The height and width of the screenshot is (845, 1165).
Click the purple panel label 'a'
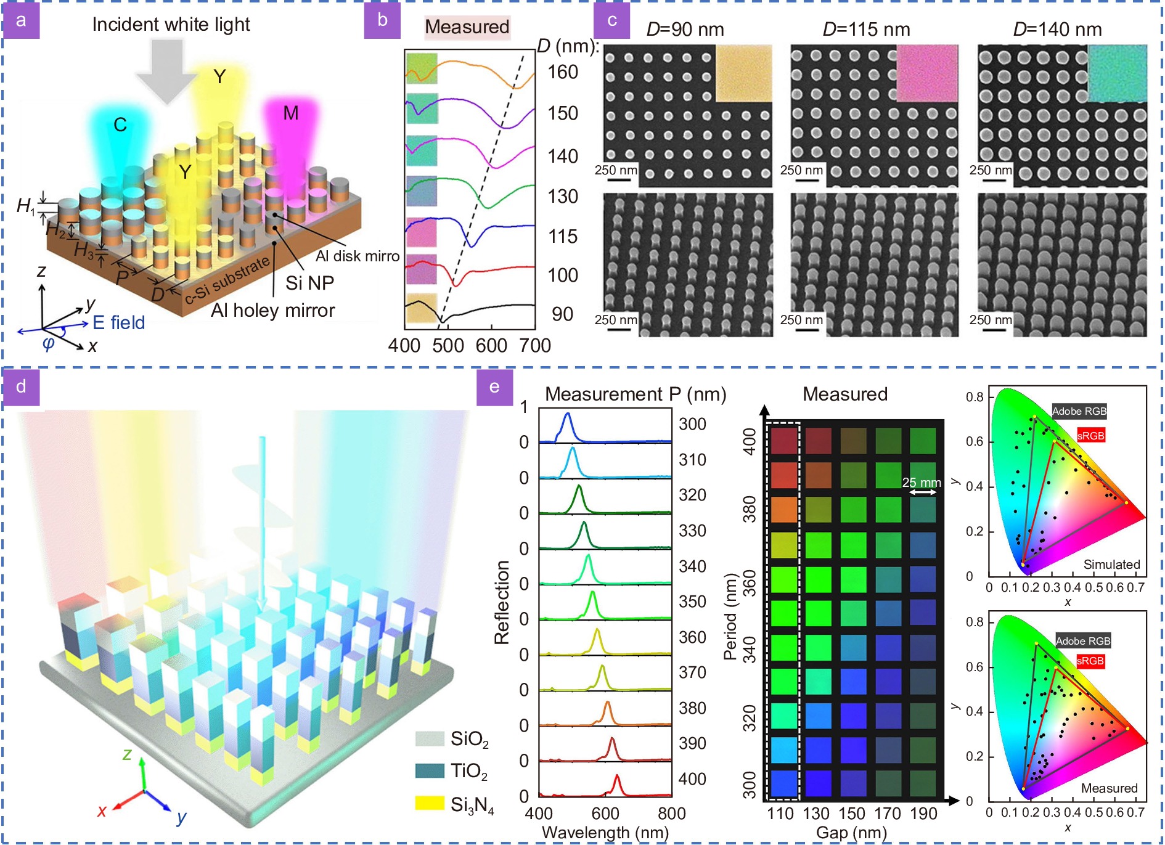21,20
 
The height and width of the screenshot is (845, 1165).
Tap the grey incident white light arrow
167,70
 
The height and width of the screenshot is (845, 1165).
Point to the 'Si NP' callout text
309,283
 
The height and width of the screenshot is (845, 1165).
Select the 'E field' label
118,322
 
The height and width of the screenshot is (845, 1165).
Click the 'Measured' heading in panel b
467,27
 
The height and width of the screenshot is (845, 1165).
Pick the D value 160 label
563,72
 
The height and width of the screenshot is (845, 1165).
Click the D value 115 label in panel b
563,236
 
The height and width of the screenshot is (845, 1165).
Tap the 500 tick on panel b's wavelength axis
448,345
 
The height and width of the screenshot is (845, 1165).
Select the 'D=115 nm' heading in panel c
866,30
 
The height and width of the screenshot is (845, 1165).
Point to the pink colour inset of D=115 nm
927,73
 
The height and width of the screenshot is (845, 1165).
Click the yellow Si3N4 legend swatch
429,803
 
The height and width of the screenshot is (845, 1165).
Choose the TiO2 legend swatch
429,770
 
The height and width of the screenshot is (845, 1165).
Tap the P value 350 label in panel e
692,602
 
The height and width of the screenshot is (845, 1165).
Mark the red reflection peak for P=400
616,784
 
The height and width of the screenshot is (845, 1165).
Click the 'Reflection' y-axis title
502,602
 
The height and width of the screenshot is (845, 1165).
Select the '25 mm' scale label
922,483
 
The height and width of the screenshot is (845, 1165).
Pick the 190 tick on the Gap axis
923,814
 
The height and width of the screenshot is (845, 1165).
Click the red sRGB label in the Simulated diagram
1090,436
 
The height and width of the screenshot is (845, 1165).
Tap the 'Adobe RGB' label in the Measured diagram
1082,641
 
